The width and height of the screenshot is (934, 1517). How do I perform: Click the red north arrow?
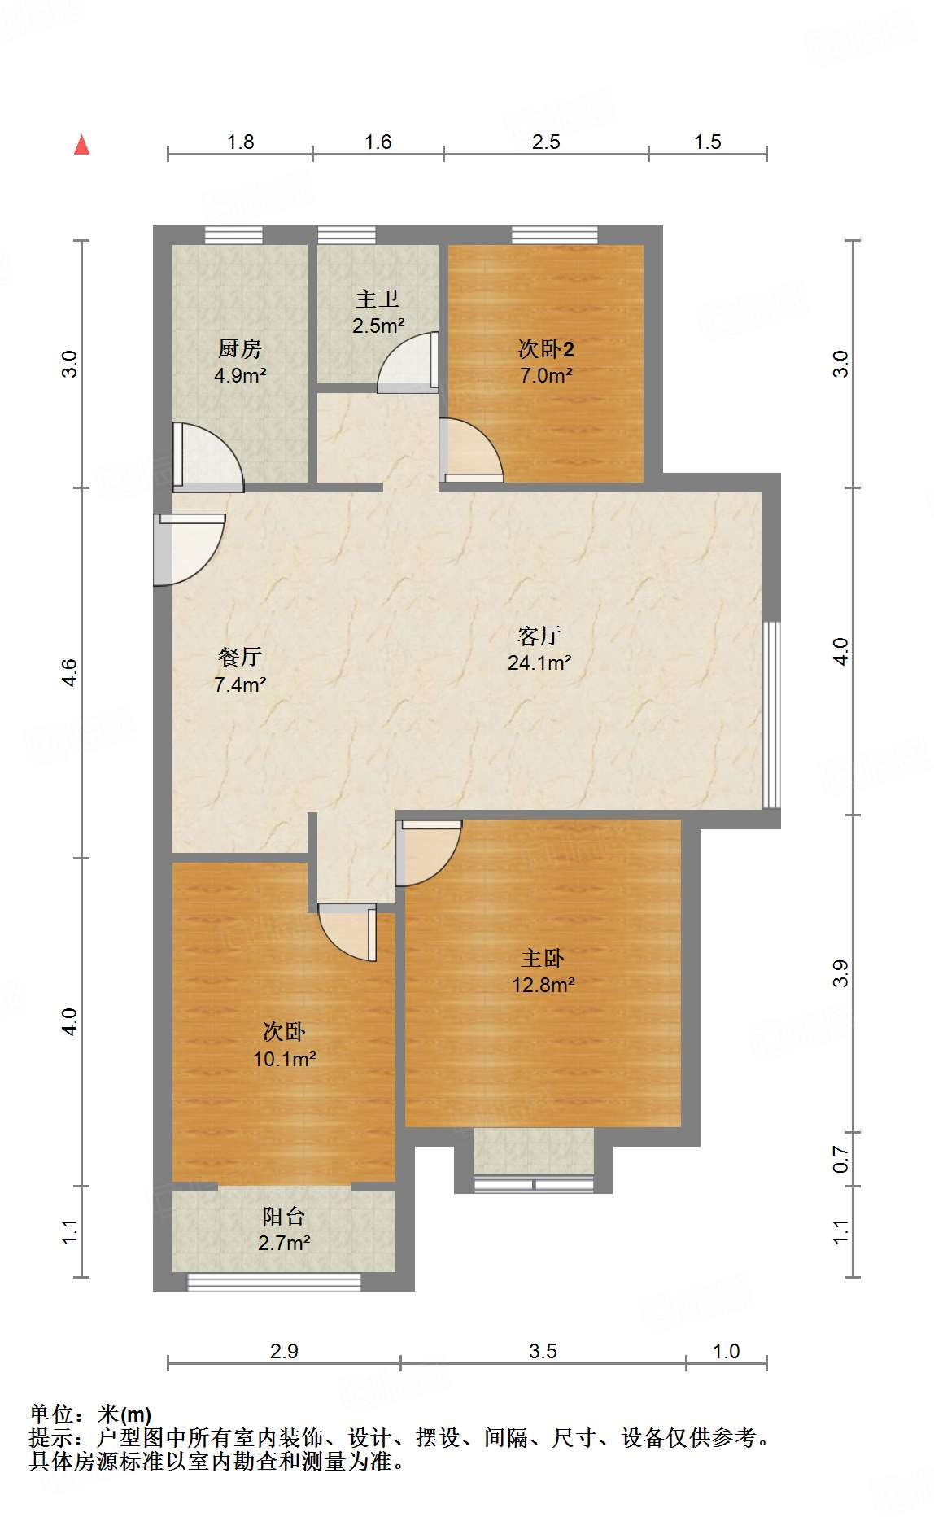tap(81, 145)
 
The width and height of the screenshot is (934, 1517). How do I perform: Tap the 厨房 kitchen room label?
tap(240, 349)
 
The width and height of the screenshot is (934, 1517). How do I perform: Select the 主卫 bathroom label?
tap(378, 299)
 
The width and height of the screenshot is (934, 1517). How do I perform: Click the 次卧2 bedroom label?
tap(546, 349)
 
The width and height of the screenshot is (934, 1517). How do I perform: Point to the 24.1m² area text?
tap(539, 662)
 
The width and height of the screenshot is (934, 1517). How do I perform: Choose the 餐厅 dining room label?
tap(240, 657)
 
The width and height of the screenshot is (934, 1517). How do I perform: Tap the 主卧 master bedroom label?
tap(543, 958)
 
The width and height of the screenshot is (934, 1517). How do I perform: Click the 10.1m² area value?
tap(285, 1059)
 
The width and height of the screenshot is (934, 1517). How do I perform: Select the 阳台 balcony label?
tap(284, 1217)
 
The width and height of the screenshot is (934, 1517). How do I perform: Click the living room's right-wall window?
tap(771, 715)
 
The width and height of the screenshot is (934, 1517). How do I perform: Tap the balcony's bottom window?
tap(274, 1282)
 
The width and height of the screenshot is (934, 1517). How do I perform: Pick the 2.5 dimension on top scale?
tap(546, 142)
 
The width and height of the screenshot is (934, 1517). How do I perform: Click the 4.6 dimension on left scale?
tap(70, 672)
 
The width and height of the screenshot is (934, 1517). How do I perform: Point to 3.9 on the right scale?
tap(841, 973)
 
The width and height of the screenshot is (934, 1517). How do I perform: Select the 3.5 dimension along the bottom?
tap(543, 1352)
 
